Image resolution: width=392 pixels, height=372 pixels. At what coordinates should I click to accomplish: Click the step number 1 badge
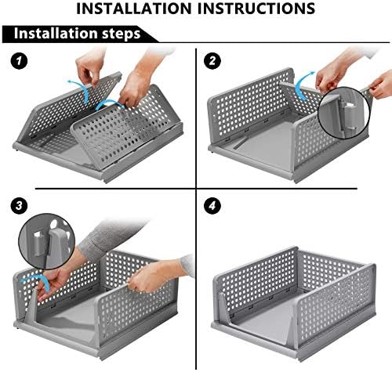click(19, 61)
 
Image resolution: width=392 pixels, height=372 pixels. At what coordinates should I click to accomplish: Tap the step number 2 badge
click(212, 61)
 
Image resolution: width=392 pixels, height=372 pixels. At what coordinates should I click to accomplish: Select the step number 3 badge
click(19, 206)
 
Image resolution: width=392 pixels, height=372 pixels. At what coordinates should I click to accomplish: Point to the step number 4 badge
click(212, 206)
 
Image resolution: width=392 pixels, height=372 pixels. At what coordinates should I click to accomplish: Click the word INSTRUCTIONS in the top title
click(256, 9)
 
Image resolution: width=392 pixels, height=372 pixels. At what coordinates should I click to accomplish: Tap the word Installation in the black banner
click(56, 34)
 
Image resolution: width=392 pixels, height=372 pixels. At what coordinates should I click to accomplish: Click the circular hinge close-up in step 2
click(344, 113)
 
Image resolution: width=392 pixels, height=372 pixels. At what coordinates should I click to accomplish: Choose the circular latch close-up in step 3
click(47, 242)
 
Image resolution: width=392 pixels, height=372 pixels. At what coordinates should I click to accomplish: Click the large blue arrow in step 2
click(303, 84)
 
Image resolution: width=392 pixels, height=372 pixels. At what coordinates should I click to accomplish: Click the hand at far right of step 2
click(382, 84)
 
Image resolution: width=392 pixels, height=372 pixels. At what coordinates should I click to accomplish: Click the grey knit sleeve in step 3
click(111, 237)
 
